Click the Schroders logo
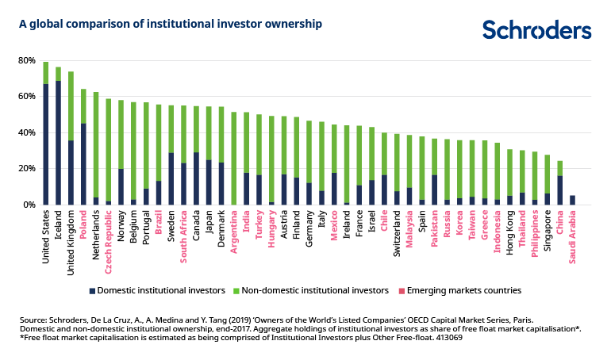click(536, 30)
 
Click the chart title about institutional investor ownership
click(171, 24)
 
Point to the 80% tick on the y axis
click(25, 60)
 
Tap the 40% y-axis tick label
click(25, 132)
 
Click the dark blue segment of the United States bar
click(46, 144)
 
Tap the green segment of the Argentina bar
click(233, 159)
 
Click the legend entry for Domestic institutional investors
click(156, 290)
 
